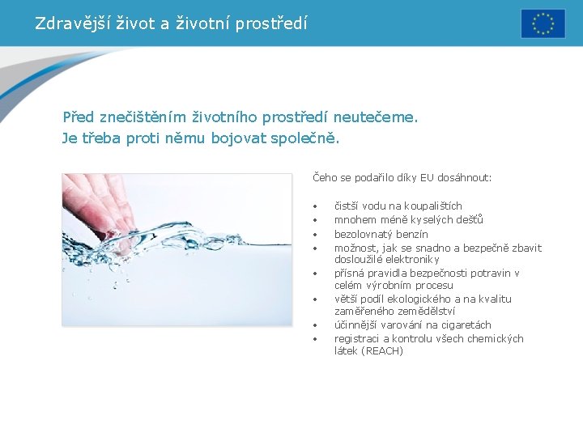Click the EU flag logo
[543, 23]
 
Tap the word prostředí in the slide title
[272, 23]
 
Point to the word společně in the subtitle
[309, 138]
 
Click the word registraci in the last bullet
[356, 338]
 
